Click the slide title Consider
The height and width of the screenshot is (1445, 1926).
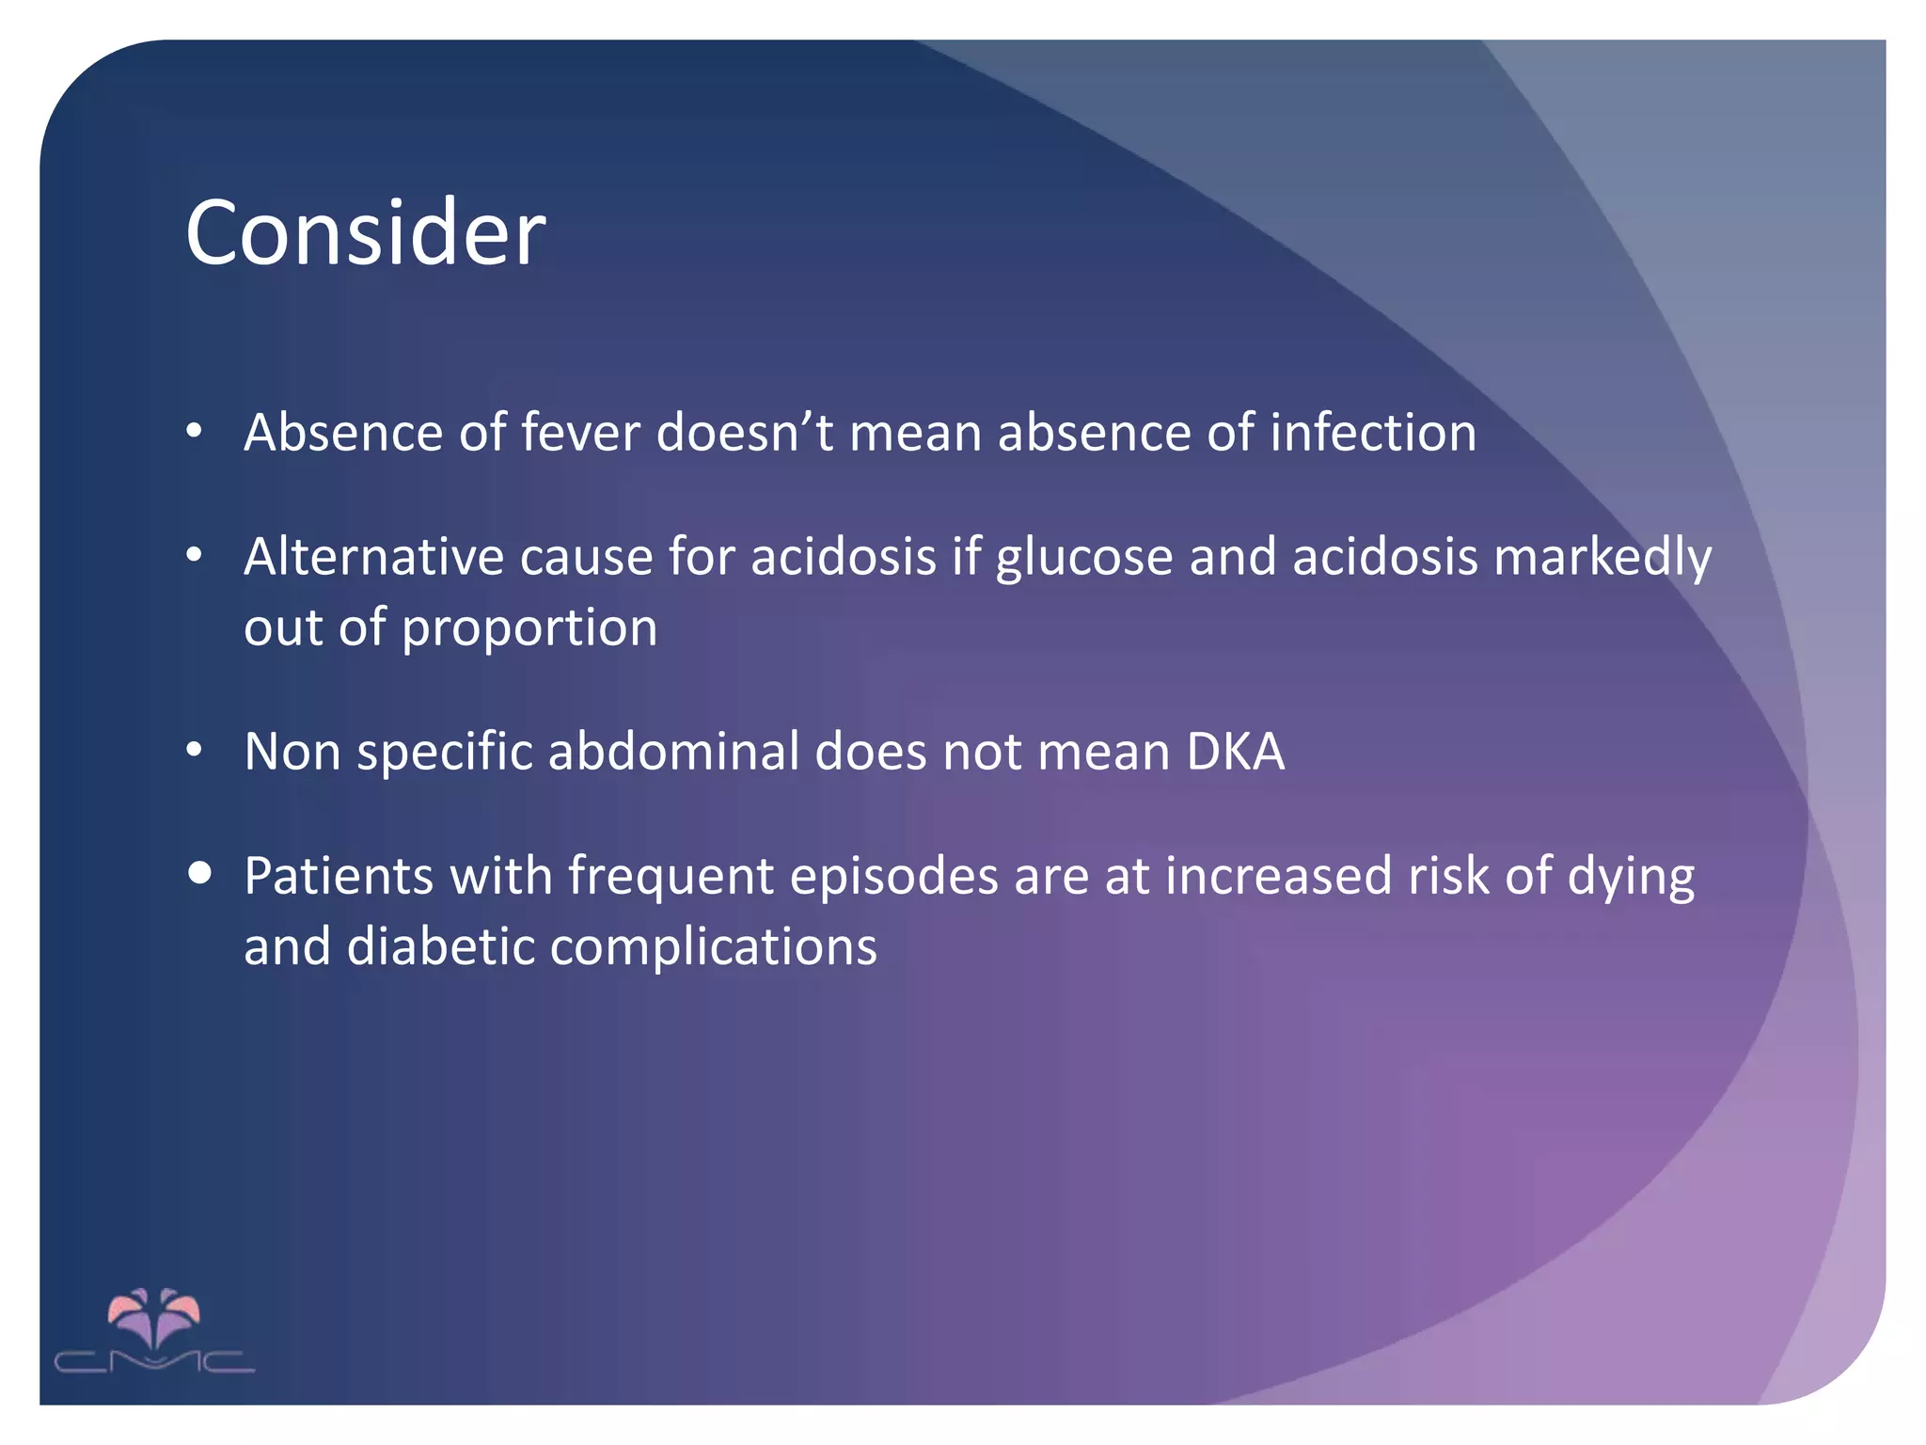[x=365, y=232]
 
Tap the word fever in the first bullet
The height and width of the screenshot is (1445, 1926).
[x=580, y=433]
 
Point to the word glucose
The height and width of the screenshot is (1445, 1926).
[x=1083, y=558]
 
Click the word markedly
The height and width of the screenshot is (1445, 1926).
[x=1602, y=558]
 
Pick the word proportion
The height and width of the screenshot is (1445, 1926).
[x=529, y=628]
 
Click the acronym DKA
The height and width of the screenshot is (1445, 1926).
[x=1235, y=752]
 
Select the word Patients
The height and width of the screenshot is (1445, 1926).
[x=339, y=876]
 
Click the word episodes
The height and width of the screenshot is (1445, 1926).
[x=893, y=876]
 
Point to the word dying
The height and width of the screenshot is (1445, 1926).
[x=1631, y=878]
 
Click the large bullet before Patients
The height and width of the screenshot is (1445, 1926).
[x=199, y=872]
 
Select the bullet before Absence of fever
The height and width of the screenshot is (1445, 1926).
[x=195, y=432]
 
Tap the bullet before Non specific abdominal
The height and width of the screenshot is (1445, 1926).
[x=195, y=750]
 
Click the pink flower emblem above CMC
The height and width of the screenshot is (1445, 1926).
[x=154, y=1316]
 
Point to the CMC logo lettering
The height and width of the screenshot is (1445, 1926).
[x=154, y=1361]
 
